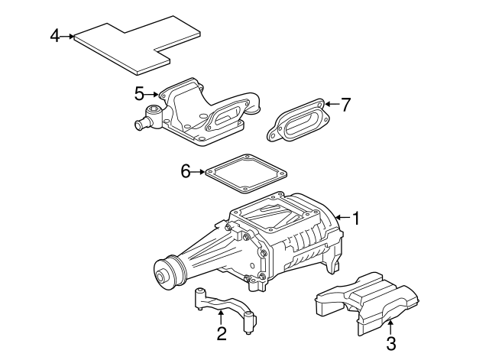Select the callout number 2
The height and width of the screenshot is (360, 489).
coord(221,333)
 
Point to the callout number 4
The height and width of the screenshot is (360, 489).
coord(54,36)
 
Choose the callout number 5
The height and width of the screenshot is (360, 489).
coord(139,94)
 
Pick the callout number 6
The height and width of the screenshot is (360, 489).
coord(185,172)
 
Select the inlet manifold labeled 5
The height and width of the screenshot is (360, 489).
coord(195,115)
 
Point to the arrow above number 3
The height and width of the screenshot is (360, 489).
coord(390,327)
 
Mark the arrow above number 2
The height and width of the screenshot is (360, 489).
coord(221,316)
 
